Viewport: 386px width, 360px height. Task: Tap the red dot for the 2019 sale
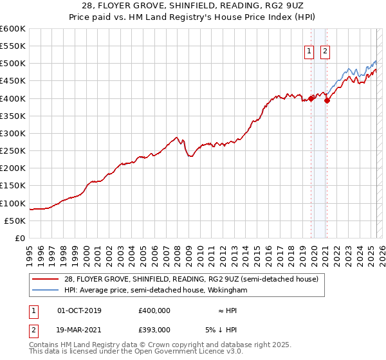point(311,98)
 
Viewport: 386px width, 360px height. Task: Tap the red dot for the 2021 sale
point(327,100)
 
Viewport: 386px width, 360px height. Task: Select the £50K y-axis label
point(15,221)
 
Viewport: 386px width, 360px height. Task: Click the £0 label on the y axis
point(21,238)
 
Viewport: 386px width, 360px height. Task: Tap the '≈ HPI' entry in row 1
point(226,310)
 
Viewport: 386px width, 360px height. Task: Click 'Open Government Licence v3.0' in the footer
point(176,352)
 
